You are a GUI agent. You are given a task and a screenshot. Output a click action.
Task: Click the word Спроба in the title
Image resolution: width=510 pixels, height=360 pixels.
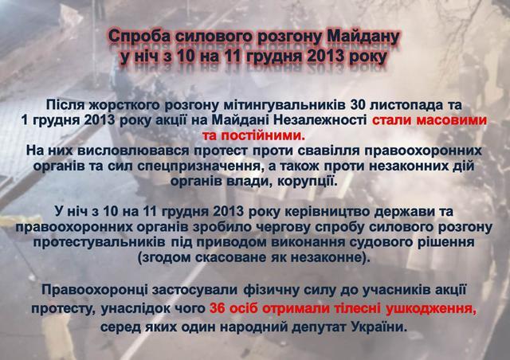click(x=139, y=37)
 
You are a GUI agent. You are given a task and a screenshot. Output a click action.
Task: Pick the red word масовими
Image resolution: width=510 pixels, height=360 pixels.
click(x=452, y=120)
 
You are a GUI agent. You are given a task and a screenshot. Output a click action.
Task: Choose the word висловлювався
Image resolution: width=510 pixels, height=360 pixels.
click(x=133, y=151)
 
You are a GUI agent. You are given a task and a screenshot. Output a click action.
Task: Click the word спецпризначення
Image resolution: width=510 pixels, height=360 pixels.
click(x=198, y=166)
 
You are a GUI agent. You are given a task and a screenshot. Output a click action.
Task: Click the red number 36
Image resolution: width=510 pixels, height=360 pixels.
click(x=218, y=308)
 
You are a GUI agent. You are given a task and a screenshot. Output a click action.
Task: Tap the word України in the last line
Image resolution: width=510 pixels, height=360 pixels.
click(x=379, y=327)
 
